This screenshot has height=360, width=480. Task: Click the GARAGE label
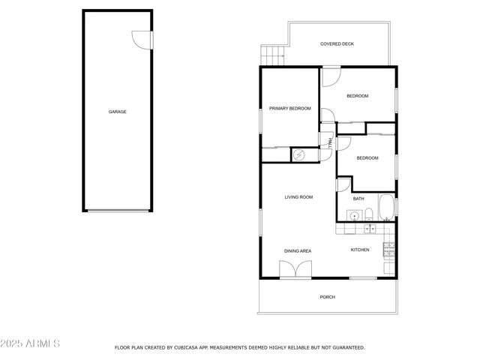tap(117, 112)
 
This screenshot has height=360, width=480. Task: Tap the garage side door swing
tap(140, 38)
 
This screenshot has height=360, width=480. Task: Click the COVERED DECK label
tap(337, 44)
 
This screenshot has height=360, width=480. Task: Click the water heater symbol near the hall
tap(298, 154)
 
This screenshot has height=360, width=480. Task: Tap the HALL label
tap(328, 141)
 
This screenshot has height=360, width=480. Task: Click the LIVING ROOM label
tap(298, 197)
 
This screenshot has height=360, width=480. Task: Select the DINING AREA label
tap(297, 250)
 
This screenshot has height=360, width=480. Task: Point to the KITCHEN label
tap(360, 250)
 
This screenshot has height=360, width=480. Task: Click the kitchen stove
tap(389, 248)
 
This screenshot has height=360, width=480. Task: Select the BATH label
tap(358, 199)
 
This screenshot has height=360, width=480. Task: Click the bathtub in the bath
tap(386, 208)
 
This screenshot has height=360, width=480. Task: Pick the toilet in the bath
tap(369, 216)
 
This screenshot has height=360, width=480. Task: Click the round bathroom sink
tap(352, 216)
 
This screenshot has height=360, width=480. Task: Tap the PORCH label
tap(327, 297)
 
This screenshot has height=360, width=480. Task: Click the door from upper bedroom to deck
tap(331, 75)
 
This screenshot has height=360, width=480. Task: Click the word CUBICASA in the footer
tap(186, 348)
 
